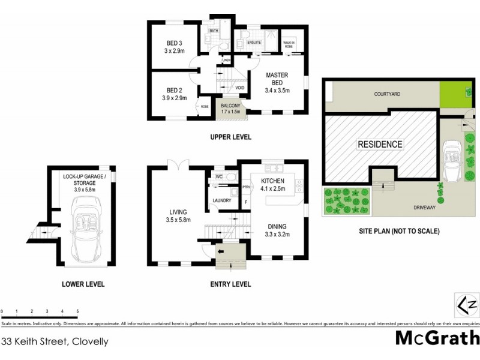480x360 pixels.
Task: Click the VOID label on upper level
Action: pyautogui.click(x=239, y=88)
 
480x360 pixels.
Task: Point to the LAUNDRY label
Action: pyautogui.click(x=220, y=200)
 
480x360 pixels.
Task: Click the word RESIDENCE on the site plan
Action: pyautogui.click(x=380, y=145)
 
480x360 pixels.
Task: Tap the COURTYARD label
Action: pyautogui.click(x=387, y=94)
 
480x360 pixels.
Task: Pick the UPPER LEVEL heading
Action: pyautogui.click(x=230, y=137)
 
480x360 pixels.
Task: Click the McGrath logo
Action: pyautogui.click(x=437, y=337)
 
